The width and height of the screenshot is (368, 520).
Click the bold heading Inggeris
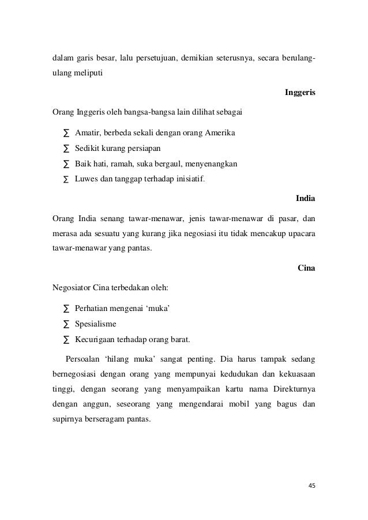pos(300,92)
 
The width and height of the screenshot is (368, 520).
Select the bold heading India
pos(305,199)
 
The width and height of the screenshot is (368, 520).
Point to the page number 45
pos(312,485)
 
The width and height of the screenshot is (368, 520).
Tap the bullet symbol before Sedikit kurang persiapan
pos(65,149)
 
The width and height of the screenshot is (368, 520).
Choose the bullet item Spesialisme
pos(96,324)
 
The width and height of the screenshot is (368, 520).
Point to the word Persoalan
pos(85,360)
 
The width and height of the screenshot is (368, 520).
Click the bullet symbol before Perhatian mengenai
pos(65,309)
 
